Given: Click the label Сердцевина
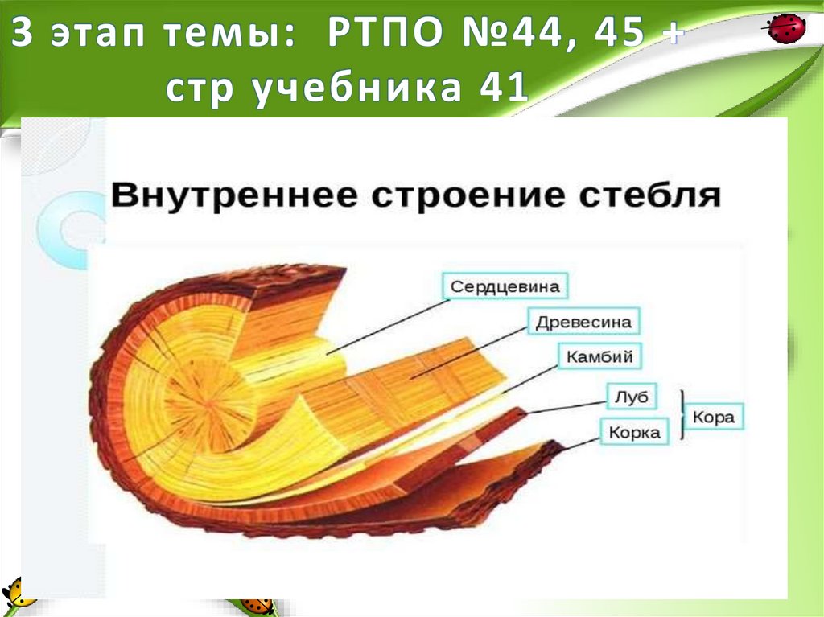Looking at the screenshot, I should [505, 287].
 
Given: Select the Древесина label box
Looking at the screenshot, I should [583, 323].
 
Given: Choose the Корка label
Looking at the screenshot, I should [634, 432].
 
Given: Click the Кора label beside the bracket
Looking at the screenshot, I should [714, 418].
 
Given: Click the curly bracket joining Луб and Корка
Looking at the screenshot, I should [683, 414].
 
